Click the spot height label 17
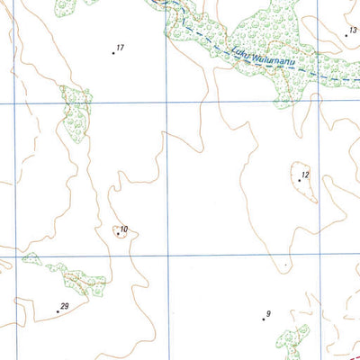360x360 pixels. [120, 47]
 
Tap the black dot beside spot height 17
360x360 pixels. [113, 53]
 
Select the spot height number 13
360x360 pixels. [353, 30]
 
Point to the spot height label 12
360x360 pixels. [306, 174]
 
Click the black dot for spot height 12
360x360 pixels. [300, 180]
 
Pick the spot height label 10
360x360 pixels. [123, 230]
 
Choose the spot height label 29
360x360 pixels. [64, 306]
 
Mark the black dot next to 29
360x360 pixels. [58, 311]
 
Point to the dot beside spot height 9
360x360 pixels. [263, 319]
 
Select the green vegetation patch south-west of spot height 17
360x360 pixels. [76, 112]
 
